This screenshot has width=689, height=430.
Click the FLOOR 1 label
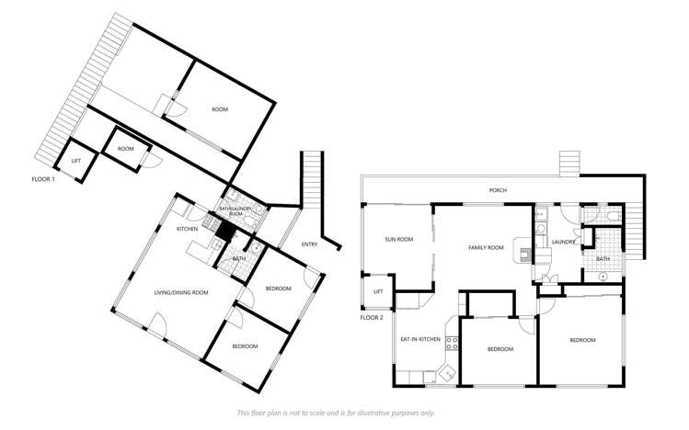(43, 178)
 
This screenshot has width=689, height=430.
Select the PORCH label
(498, 190)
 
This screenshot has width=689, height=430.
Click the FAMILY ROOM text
(486, 247)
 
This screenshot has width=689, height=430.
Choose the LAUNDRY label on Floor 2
(564, 243)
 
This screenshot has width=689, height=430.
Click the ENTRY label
(310, 243)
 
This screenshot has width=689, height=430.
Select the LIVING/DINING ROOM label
(180, 292)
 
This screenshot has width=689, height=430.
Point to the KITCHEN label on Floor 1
(188, 229)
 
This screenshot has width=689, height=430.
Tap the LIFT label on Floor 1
(76, 161)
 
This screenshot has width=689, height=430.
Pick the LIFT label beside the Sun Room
(377, 291)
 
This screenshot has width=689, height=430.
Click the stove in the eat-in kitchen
(452, 344)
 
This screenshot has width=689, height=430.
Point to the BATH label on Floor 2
(603, 258)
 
